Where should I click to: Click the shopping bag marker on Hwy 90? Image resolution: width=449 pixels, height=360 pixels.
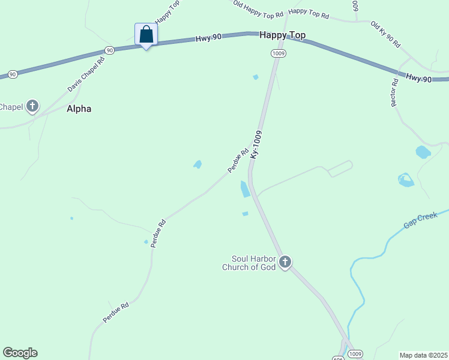point(146,34)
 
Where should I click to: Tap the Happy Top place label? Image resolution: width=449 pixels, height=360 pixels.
point(282,35)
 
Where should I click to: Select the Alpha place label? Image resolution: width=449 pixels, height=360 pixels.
point(79,109)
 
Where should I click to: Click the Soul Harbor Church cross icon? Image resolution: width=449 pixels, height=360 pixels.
point(285,262)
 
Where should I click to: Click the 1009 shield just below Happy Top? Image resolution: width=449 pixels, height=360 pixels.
point(278,53)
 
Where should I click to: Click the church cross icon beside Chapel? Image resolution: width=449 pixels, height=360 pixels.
point(32,107)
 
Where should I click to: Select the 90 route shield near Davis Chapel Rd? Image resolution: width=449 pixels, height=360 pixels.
point(109,50)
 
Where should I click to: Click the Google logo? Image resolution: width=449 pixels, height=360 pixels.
point(20,353)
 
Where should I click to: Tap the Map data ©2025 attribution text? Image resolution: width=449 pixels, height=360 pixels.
point(423,355)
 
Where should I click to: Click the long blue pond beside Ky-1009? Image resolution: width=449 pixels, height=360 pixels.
point(245,189)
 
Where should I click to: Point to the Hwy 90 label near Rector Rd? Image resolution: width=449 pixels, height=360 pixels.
point(418,78)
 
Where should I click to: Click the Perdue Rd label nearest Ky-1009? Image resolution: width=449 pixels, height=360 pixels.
point(238,161)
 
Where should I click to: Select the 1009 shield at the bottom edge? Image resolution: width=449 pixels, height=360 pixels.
point(355,354)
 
